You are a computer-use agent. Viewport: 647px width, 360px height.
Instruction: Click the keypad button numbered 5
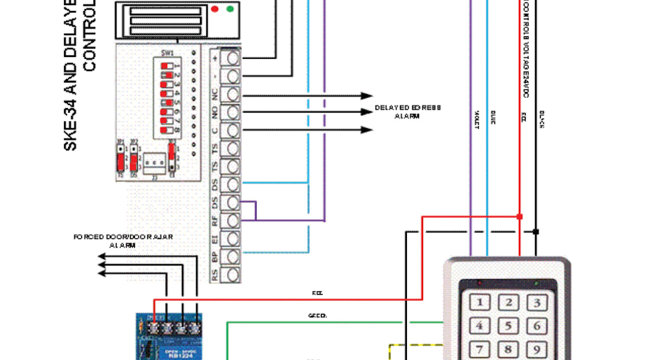pyautogui.click(x=509, y=326)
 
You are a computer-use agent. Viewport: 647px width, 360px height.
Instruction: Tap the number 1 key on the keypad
pyautogui.click(x=480, y=302)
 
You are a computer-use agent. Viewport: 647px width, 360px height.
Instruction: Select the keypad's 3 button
pyautogui.click(x=536, y=302)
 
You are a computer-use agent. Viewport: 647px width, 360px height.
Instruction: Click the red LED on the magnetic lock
pyautogui.click(x=214, y=10)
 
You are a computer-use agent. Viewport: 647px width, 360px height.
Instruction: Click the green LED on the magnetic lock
pyautogui.click(x=230, y=10)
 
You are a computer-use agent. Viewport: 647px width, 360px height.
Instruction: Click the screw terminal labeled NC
pyautogui.click(x=232, y=95)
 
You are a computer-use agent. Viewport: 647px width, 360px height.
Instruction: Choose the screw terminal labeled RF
pyautogui.click(x=232, y=221)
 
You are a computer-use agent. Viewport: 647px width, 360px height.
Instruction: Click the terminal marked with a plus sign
pyautogui.click(x=232, y=58)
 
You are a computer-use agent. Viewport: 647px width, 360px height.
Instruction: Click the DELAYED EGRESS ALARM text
pyautogui.click(x=408, y=112)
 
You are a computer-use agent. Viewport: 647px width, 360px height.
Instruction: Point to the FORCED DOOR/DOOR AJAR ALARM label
pyautogui.click(x=122, y=241)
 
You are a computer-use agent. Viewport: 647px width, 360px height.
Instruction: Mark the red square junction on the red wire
pyautogui.click(x=520, y=216)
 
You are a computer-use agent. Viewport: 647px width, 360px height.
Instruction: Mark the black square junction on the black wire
pyautogui.click(x=536, y=231)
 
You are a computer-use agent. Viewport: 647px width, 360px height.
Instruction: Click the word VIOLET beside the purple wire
pyautogui.click(x=476, y=121)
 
